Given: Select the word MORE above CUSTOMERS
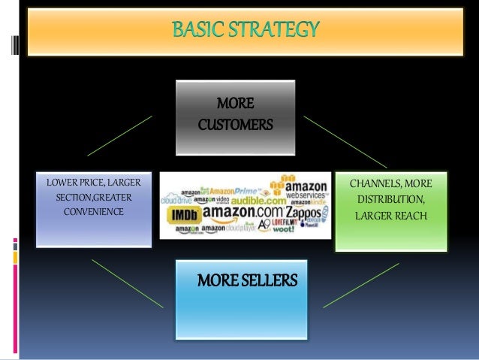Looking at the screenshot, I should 234,102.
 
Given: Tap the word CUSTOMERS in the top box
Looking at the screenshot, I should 235,123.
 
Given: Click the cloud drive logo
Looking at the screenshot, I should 176,201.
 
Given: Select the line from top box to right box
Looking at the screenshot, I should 345,141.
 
